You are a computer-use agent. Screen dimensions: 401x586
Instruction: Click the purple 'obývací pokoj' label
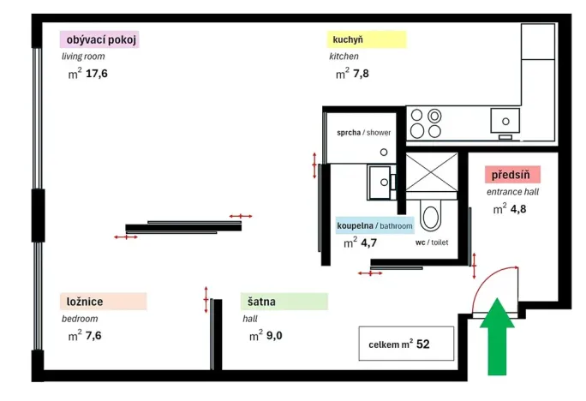(x=99, y=39)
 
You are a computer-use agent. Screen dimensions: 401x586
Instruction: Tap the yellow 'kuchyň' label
(x=367, y=39)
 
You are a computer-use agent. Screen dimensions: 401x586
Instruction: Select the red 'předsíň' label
(x=511, y=175)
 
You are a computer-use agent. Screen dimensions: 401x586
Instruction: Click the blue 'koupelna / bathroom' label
(x=375, y=225)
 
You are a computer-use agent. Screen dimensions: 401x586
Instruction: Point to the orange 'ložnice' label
(x=103, y=302)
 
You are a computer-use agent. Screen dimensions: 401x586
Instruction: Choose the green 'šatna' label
(x=284, y=302)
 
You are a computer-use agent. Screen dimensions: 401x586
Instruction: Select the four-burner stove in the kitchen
(x=425, y=122)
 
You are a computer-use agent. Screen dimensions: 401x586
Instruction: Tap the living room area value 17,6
(x=97, y=74)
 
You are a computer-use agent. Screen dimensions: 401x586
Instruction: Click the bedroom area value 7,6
(x=93, y=335)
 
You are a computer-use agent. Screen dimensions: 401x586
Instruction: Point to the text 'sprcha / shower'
(x=363, y=133)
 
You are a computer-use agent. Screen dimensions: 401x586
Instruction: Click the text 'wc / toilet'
(x=432, y=242)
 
